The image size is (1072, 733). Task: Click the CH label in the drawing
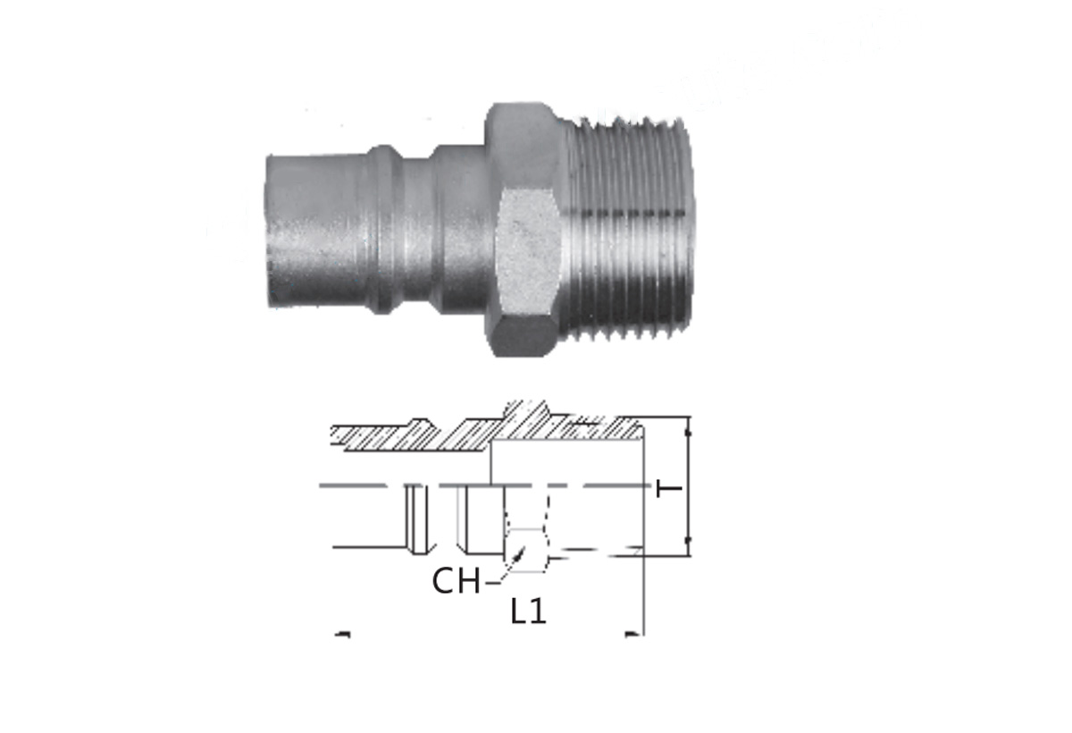[x=456, y=581]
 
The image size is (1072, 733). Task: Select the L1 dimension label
[x=528, y=611]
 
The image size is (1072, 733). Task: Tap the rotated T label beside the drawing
[x=668, y=488]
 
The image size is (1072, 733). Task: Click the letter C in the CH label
[x=443, y=581]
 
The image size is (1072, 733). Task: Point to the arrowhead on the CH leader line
[x=520, y=554]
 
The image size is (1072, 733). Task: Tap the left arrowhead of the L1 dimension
[x=343, y=635]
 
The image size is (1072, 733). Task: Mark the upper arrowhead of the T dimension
[x=688, y=433]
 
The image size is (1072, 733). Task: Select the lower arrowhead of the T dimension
[x=688, y=540]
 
